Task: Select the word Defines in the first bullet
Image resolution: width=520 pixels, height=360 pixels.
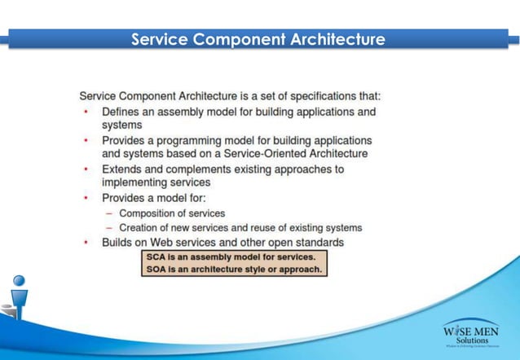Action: [121, 111]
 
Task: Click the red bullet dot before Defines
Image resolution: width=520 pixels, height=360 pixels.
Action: [86, 111]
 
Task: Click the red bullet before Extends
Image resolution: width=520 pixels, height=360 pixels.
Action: [86, 169]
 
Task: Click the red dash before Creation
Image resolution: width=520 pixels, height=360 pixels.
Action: [109, 228]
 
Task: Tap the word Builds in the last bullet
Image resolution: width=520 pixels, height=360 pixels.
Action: [119, 243]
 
